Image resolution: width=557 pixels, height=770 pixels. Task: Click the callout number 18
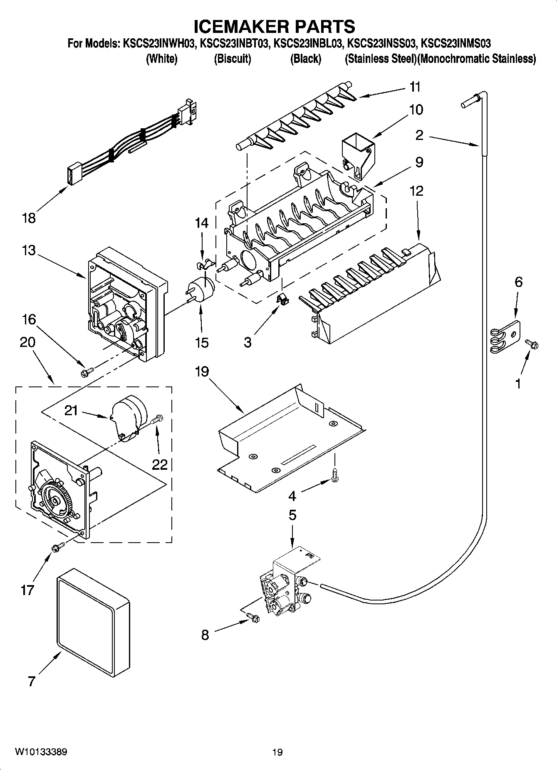(29, 218)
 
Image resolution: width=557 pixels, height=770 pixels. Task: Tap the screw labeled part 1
(532, 344)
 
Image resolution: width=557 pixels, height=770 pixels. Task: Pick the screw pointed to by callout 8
(253, 618)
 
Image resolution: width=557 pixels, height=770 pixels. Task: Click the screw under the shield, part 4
(335, 475)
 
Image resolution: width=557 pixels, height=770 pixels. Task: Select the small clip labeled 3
(282, 298)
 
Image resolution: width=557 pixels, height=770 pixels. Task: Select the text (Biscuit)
(233, 59)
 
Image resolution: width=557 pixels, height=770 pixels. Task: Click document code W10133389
(41, 752)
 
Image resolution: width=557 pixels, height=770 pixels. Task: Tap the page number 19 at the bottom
(277, 752)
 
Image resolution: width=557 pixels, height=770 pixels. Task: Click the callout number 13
(29, 251)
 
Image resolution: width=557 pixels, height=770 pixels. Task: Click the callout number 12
(416, 191)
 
